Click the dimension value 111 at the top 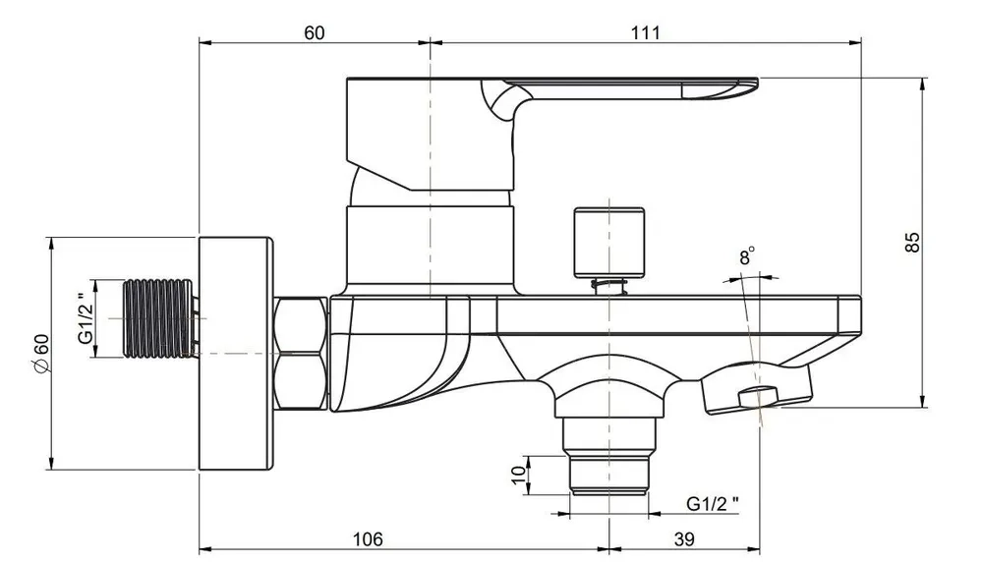pyautogui.click(x=646, y=32)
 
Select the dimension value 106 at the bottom pyautogui.click(x=368, y=538)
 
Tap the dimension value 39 pyautogui.click(x=684, y=538)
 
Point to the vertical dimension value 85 pyautogui.click(x=913, y=242)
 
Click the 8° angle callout pyautogui.click(x=747, y=255)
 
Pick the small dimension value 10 pyautogui.click(x=518, y=475)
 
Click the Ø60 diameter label pyautogui.click(x=40, y=355)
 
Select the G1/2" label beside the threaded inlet pyautogui.click(x=86, y=318)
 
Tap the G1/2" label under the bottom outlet pyautogui.click(x=712, y=503)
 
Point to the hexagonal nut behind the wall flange pyautogui.click(x=301, y=354)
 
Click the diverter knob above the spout pyautogui.click(x=609, y=243)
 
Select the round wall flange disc pyautogui.click(x=236, y=354)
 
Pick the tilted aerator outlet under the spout pyautogui.click(x=757, y=390)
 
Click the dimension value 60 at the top pyautogui.click(x=315, y=32)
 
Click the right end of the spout pyautogui.click(x=861, y=315)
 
